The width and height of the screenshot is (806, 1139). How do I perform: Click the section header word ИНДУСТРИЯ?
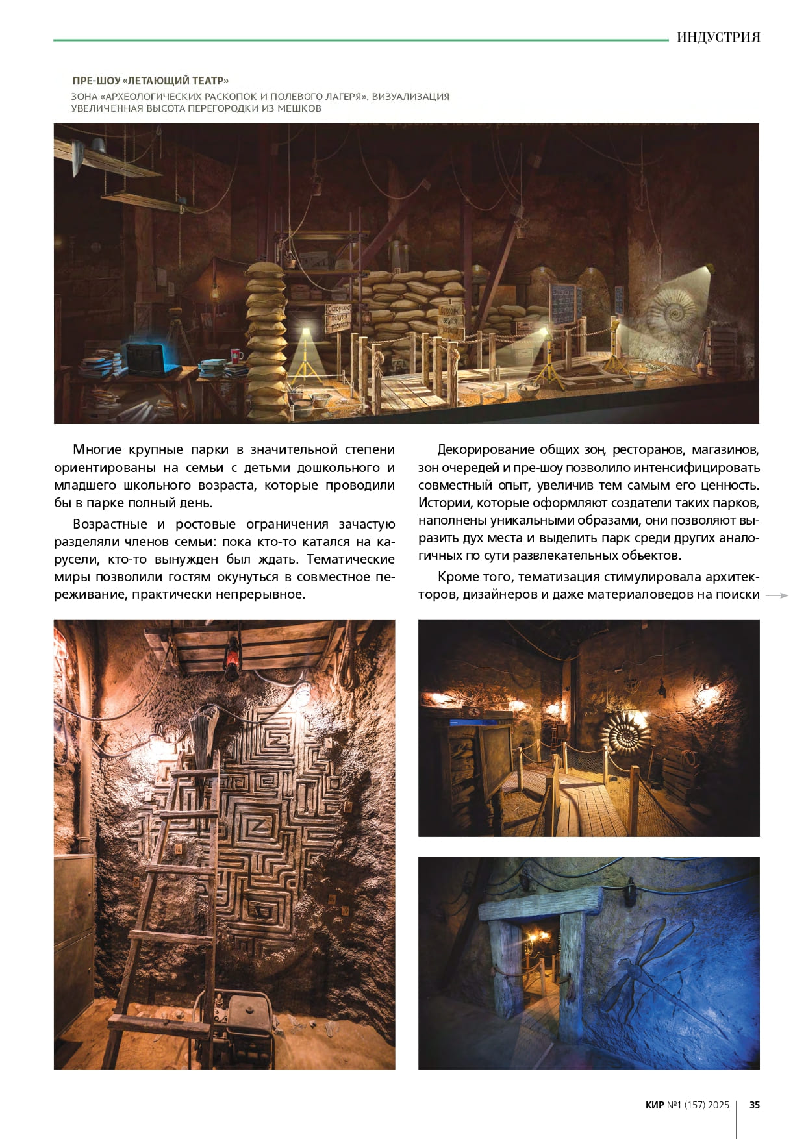[x=718, y=37]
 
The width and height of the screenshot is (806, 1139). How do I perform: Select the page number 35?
[x=754, y=1105]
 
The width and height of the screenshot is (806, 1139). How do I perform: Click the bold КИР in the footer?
[x=655, y=1105]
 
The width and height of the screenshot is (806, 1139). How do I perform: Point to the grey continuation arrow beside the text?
[x=777, y=595]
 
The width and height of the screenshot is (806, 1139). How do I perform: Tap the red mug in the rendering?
[x=236, y=355]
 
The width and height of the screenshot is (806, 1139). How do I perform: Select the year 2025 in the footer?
[x=718, y=1105]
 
